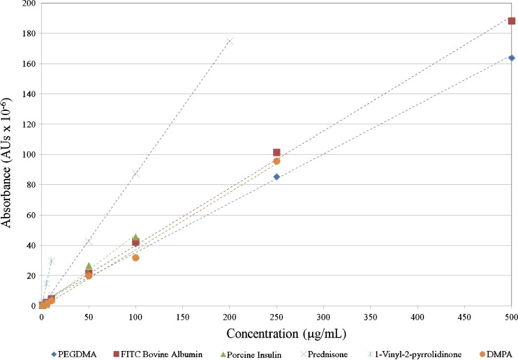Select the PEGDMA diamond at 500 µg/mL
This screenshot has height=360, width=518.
(x=512, y=58)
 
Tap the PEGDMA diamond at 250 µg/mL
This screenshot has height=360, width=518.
(x=276, y=177)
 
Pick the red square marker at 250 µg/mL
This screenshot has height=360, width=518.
(x=276, y=152)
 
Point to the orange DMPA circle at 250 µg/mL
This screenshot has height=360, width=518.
(x=276, y=161)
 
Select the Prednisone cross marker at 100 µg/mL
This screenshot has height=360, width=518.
(x=135, y=174)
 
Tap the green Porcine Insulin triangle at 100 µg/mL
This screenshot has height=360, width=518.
(x=135, y=237)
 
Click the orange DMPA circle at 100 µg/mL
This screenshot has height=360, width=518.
(x=135, y=258)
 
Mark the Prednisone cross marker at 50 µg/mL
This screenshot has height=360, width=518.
(x=89, y=241)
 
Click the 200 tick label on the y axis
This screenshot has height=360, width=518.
(x=27, y=3)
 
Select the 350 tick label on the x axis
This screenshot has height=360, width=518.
(x=371, y=316)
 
